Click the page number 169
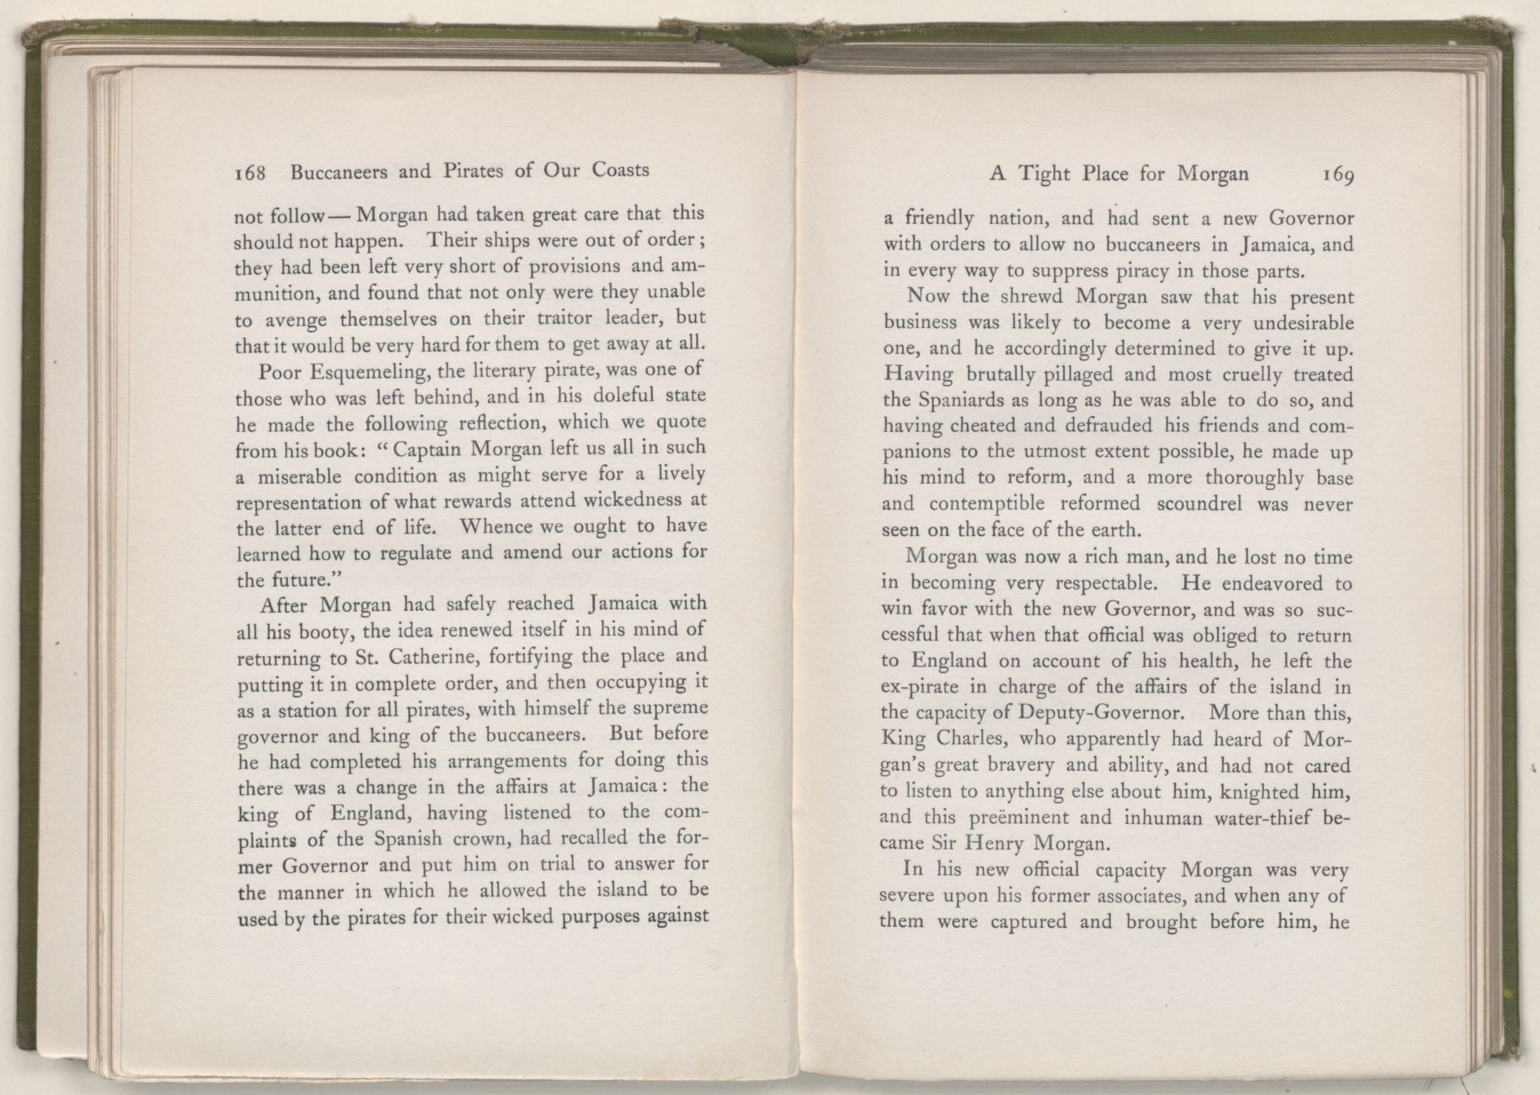click(1338, 176)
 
